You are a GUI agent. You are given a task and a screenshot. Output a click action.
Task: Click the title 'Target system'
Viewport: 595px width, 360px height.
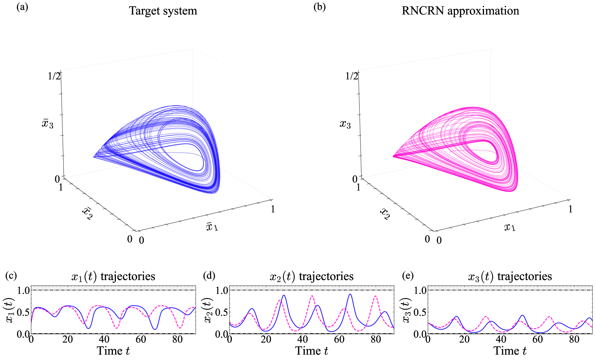click(163, 11)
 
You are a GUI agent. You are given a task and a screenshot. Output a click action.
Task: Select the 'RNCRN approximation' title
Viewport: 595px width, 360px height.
click(460, 11)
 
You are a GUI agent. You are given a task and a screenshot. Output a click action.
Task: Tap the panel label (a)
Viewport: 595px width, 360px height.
click(22, 7)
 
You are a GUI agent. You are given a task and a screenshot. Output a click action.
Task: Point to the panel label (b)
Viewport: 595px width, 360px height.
click(319, 7)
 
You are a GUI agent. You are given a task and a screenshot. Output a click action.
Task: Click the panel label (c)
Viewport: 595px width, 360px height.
click(11, 276)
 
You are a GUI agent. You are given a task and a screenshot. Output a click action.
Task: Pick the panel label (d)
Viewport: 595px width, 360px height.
click(209, 276)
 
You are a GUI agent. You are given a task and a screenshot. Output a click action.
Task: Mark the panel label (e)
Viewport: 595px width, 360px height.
click(408, 276)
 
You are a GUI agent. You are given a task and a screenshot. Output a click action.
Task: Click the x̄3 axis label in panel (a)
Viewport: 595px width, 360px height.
click(48, 124)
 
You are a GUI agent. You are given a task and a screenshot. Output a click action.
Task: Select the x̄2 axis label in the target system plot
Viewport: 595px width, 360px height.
click(87, 214)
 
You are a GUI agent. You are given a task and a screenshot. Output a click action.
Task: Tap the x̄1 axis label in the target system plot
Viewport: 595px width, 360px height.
click(212, 227)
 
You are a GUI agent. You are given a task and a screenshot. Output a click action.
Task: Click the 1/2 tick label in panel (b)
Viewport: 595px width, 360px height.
click(352, 76)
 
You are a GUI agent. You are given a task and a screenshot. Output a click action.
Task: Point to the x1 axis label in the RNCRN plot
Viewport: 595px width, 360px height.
click(509, 227)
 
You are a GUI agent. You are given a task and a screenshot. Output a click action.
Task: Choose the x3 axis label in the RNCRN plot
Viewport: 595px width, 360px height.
click(345, 124)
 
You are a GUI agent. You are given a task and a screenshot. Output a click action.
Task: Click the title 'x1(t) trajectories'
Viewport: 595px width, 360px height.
click(113, 276)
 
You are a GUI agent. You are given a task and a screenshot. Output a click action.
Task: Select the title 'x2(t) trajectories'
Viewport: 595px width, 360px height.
click(311, 276)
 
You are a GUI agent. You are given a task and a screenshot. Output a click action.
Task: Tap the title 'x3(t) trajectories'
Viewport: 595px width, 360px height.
click(510, 276)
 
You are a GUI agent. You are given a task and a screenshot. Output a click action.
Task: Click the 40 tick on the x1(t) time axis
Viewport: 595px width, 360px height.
click(104, 339)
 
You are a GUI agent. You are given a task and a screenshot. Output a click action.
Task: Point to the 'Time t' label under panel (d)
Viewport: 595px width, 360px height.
click(311, 351)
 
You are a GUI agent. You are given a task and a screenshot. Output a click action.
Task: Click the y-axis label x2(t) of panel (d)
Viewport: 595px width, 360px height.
click(209, 311)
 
